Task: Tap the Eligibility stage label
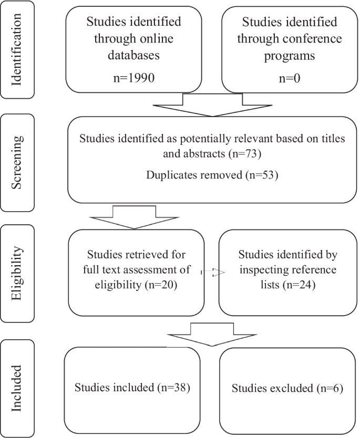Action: tap(17, 273)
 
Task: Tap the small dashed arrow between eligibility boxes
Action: tap(212, 273)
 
